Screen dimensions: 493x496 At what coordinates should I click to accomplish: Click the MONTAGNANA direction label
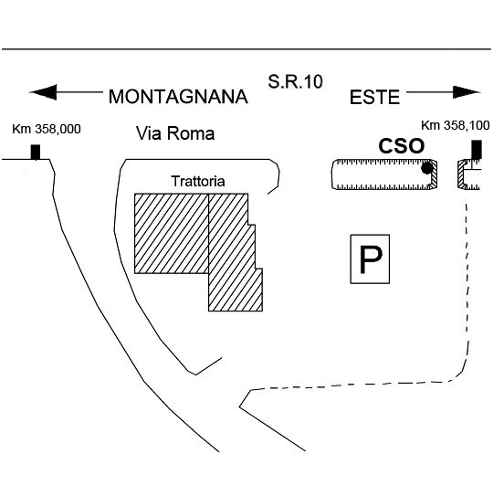pos(178,97)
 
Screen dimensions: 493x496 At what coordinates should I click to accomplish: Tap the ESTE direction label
pos(374,97)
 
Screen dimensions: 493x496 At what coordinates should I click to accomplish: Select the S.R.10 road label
pos(296,81)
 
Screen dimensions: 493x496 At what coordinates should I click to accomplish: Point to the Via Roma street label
pos(175,133)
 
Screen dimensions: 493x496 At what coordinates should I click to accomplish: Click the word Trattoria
pos(198,181)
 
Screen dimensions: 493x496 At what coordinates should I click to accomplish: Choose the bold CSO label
pos(402,146)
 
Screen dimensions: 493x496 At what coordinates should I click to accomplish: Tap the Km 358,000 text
pos(47,129)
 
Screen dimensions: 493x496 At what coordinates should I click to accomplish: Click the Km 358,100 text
pos(456,125)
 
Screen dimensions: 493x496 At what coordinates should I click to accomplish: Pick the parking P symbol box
pos(370,259)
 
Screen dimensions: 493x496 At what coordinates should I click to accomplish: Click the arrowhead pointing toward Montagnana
pos(43,92)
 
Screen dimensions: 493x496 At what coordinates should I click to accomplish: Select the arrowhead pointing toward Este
pos(467,92)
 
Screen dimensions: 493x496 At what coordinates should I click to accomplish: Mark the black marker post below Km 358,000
pos(36,153)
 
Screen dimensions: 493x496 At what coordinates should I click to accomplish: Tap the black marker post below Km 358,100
pos(477,150)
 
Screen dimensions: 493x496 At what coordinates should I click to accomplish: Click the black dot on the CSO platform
pos(427,168)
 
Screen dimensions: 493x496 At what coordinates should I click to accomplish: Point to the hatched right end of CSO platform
pos(434,174)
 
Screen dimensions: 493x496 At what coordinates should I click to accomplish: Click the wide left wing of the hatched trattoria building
pos(172,234)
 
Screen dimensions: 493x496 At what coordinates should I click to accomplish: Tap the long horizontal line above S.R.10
pos(246,49)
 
